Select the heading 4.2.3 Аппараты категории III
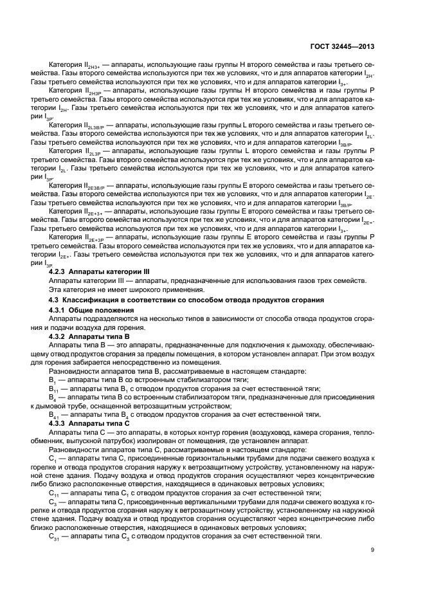point(99,273)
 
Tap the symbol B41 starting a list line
point(54,415)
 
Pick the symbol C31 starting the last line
point(54,536)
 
